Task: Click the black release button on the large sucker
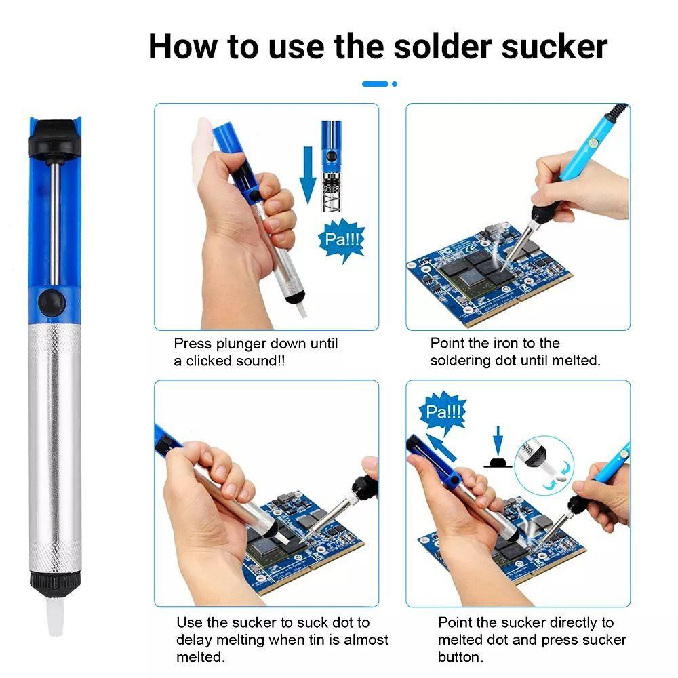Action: [x=52, y=302]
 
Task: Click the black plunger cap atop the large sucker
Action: [x=55, y=138]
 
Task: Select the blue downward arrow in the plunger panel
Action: [x=308, y=175]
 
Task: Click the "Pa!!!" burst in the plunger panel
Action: [x=342, y=239]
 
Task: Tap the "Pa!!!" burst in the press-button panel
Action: [x=443, y=412]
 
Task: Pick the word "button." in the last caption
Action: [x=460, y=657]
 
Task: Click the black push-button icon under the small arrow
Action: [x=498, y=463]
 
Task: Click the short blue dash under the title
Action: [x=375, y=84]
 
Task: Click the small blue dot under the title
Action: [x=395, y=84]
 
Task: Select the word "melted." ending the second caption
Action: [x=576, y=361]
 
